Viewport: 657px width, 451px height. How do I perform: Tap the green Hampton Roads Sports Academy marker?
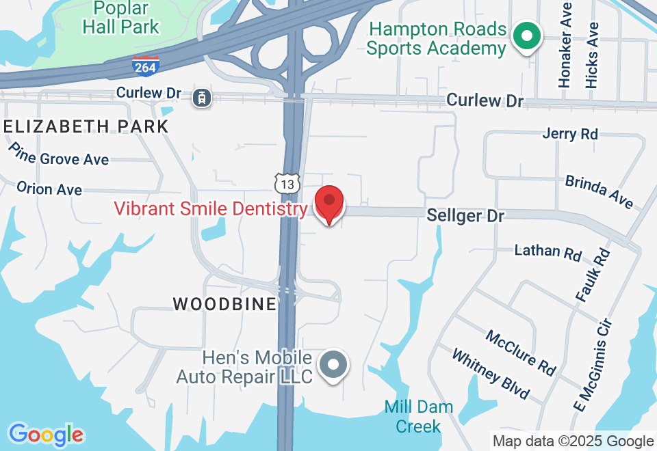(528, 36)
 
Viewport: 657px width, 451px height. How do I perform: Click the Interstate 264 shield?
(146, 66)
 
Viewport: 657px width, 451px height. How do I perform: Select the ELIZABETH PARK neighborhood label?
(86, 126)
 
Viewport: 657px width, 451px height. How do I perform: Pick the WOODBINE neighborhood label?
(224, 304)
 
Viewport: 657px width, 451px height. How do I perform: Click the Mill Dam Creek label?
(418, 416)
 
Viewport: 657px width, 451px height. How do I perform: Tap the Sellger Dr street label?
(465, 216)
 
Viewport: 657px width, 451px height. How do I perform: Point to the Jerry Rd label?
(570, 133)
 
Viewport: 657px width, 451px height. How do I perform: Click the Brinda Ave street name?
(599, 191)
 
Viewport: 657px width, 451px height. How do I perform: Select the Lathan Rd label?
(547, 251)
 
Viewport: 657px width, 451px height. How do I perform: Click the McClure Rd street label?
(521, 352)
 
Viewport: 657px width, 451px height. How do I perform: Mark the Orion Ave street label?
(49, 188)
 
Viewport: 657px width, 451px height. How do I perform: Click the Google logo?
(46, 435)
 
